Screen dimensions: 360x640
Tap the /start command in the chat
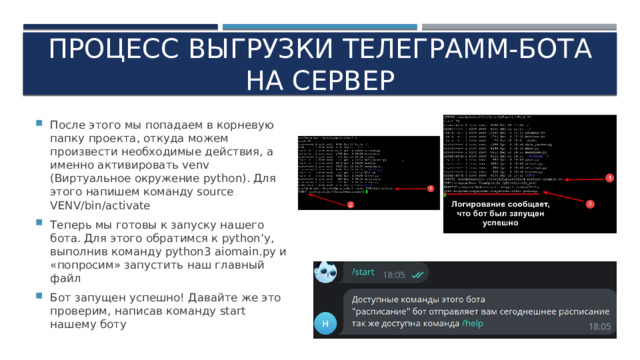point(363,270)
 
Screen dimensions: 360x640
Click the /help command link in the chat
point(474,322)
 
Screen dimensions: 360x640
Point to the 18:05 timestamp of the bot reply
point(599,326)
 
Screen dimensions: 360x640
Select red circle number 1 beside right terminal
point(609,177)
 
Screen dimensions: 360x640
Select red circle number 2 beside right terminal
point(590,204)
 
